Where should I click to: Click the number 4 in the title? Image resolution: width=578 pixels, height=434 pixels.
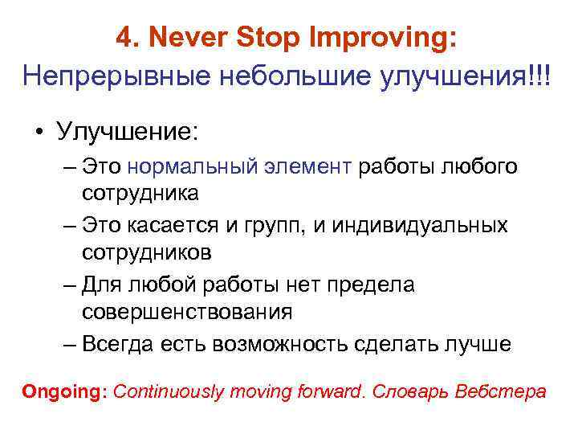[x=122, y=37]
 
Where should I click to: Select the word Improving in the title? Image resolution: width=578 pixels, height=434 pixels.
[x=398, y=37]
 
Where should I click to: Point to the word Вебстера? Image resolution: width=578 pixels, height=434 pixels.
[x=500, y=392]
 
